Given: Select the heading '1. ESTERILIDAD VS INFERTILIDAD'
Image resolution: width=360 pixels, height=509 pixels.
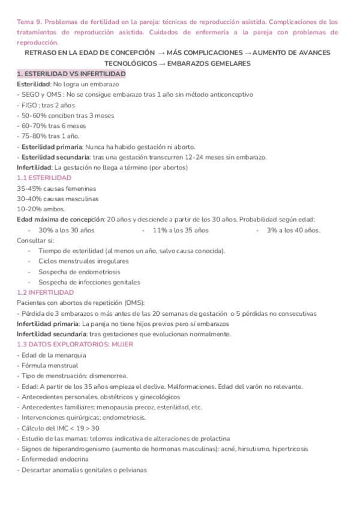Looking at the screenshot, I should pyautogui.click(x=71, y=73).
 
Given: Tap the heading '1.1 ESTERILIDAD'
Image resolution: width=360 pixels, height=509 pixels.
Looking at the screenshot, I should pyautogui.click(x=44, y=178).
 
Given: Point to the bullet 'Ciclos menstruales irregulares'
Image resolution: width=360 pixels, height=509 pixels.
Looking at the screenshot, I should pyautogui.click(x=83, y=261).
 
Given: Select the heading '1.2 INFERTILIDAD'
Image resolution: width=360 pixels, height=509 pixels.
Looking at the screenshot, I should pyautogui.click(x=45, y=292).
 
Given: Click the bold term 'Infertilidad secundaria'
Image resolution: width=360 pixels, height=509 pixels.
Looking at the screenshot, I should pyautogui.click(x=52, y=334).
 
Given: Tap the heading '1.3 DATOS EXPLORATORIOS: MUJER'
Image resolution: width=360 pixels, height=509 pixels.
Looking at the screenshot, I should pyautogui.click(x=75, y=345).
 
